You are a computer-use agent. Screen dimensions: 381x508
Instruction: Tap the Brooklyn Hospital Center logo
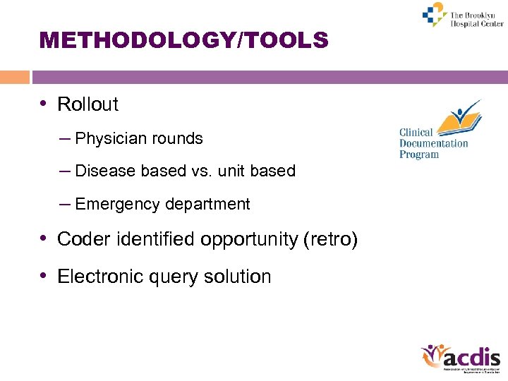pyautogui.click(x=462, y=16)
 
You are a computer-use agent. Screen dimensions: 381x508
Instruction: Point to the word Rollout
pyautogui.click(x=87, y=104)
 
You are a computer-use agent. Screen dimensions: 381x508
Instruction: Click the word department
pyautogui.click(x=207, y=205)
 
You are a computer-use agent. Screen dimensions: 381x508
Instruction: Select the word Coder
pyautogui.click(x=81, y=240)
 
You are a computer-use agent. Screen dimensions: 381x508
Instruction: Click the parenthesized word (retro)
pyautogui.click(x=329, y=240)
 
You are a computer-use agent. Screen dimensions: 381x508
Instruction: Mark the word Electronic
pyautogui.click(x=102, y=277)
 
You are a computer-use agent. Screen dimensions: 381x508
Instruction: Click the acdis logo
pyautogui.click(x=460, y=358)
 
